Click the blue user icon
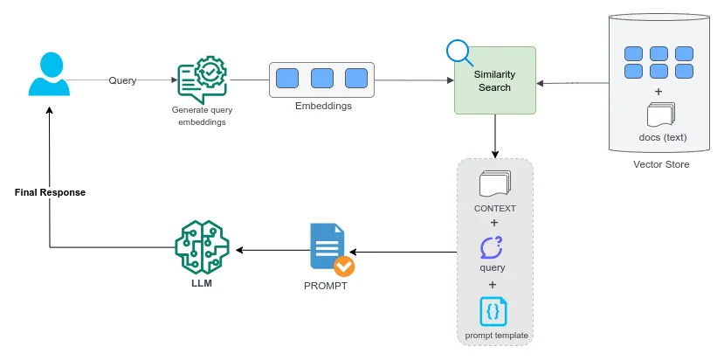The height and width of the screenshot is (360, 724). (50, 74)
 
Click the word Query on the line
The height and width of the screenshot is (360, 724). (121, 80)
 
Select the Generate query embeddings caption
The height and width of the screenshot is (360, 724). (199, 115)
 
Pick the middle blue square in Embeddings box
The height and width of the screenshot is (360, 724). (321, 79)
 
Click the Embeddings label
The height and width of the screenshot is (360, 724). (321, 106)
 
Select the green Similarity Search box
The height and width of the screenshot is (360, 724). (494, 81)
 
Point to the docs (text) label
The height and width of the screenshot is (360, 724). (661, 137)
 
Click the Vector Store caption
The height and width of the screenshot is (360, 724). (661, 164)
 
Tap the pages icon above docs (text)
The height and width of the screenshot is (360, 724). (660, 115)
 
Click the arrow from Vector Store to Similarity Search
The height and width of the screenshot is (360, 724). (572, 84)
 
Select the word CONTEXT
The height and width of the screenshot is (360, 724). (494, 208)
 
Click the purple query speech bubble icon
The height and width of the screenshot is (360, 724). (493, 247)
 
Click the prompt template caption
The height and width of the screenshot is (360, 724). (494, 336)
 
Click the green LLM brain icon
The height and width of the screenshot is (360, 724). (202, 247)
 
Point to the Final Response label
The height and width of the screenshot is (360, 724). (50, 191)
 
